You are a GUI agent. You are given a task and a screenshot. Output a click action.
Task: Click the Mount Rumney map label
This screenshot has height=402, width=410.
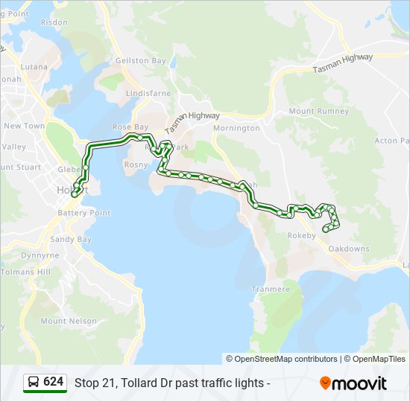(x=318, y=112)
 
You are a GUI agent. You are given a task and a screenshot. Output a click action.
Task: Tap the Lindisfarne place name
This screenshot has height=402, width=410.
(x=149, y=94)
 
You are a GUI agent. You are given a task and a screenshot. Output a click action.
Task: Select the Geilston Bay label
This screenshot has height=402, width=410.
(x=141, y=61)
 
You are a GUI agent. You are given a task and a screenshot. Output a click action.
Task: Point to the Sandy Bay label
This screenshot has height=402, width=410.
(x=71, y=240)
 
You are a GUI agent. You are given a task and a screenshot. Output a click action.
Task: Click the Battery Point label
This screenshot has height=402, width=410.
(x=84, y=213)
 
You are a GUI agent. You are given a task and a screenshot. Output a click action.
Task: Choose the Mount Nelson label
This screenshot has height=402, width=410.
(x=69, y=322)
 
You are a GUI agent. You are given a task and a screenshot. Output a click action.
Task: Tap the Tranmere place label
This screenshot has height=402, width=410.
(x=271, y=289)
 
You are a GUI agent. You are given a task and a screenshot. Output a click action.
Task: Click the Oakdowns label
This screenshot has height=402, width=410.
(x=349, y=249)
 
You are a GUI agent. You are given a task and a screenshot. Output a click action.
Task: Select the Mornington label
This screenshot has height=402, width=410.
(x=236, y=128)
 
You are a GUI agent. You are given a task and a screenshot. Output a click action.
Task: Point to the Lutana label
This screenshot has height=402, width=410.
(x=35, y=66)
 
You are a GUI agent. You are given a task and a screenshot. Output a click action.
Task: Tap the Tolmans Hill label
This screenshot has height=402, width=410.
(x=25, y=272)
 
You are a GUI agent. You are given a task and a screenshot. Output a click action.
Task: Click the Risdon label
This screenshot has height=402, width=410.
(x=54, y=23)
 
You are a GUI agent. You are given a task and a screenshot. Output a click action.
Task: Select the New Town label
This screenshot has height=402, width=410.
(x=25, y=126)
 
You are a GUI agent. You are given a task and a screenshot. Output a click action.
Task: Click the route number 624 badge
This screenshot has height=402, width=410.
(x=53, y=382)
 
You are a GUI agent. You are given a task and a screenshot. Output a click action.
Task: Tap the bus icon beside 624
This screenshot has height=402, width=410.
(x=34, y=383)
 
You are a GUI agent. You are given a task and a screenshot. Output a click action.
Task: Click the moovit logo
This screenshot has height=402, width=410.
(x=353, y=383)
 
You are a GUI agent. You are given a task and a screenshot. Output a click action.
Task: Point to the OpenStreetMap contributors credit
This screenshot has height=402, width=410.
(x=286, y=359)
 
